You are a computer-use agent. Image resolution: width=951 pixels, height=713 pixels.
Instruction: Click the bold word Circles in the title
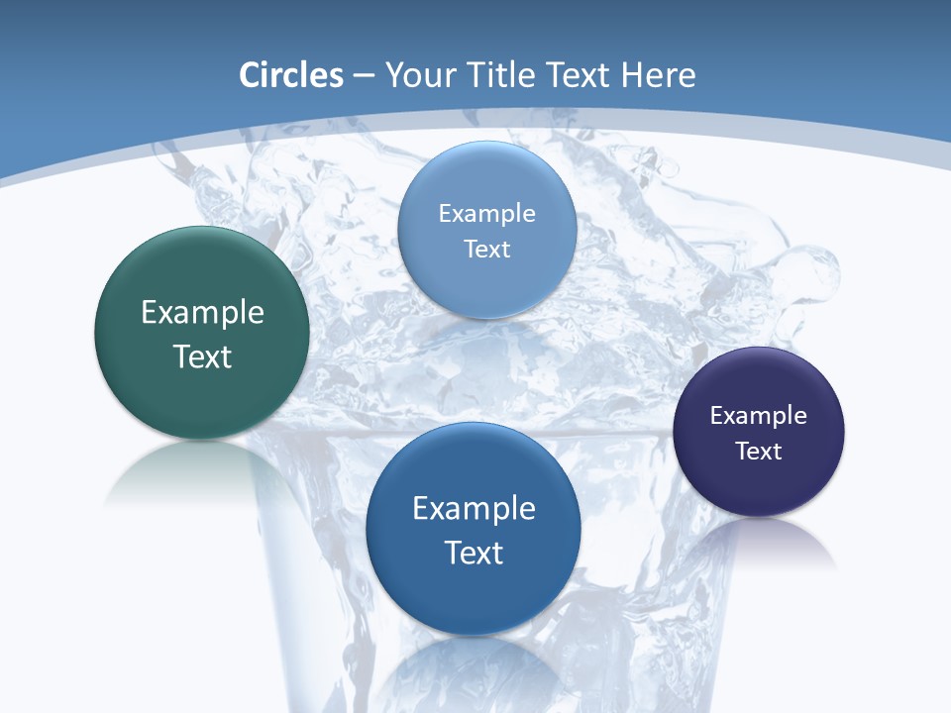tap(290, 75)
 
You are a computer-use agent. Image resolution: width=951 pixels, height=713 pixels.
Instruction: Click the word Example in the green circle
tap(202, 313)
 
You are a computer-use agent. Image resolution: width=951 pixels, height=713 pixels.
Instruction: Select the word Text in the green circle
tap(202, 356)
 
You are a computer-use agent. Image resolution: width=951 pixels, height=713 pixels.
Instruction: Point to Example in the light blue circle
tap(486, 214)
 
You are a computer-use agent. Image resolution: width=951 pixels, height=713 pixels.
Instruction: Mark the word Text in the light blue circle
tap(486, 250)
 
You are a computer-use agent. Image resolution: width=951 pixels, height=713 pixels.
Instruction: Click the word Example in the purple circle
tap(759, 416)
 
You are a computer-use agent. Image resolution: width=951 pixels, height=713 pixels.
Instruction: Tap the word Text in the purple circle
tap(759, 452)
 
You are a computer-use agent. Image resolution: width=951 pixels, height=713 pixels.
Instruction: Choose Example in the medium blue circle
tap(474, 509)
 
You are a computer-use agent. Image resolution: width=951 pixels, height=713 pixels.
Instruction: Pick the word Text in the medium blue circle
tap(474, 553)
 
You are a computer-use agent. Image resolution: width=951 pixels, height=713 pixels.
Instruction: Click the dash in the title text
tap(364, 76)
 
